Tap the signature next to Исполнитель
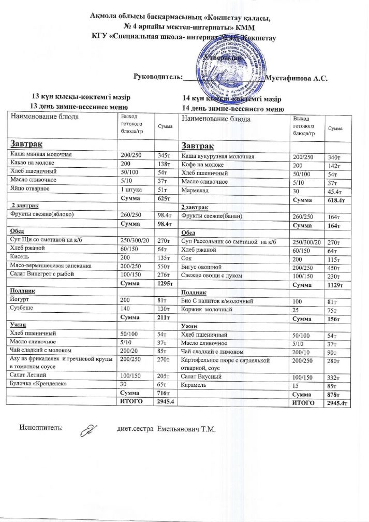(x=90, y=428)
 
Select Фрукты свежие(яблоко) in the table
(x=42, y=214)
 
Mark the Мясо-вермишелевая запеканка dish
(x=50, y=265)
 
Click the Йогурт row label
(x=19, y=299)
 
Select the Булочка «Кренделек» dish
(x=36, y=384)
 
